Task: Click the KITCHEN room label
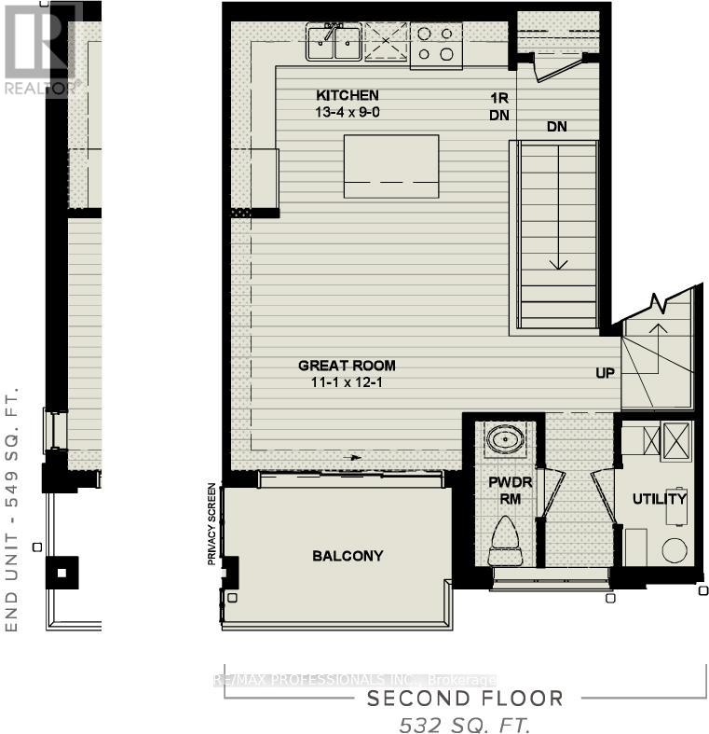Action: tap(347, 95)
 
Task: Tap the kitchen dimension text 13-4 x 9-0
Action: tap(347, 112)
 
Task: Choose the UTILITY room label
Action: tap(659, 499)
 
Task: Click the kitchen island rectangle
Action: tap(391, 166)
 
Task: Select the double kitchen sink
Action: tap(334, 43)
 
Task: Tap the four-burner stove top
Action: tap(438, 44)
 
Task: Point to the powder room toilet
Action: tap(509, 542)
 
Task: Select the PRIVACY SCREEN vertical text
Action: tap(213, 524)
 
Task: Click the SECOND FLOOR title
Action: tap(465, 699)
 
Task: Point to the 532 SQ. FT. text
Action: tap(465, 724)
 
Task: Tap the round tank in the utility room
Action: tap(675, 550)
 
